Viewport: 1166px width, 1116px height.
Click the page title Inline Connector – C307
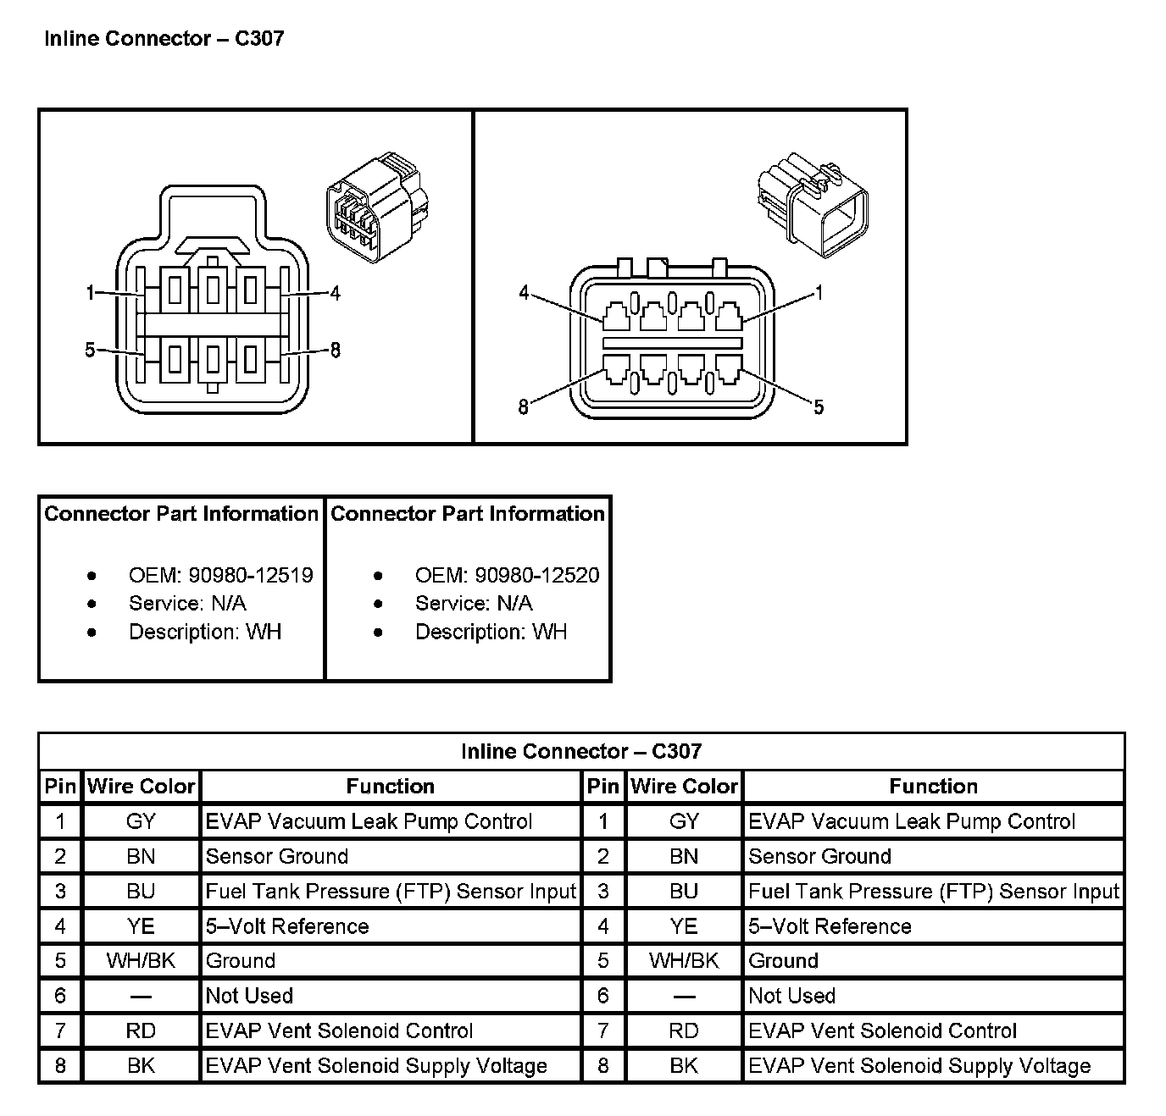coord(164,39)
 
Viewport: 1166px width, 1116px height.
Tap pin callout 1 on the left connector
coord(90,293)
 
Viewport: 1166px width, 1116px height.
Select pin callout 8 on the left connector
coord(336,350)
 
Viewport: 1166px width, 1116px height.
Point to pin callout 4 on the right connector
coord(524,293)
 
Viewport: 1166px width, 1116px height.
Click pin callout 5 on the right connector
coord(819,407)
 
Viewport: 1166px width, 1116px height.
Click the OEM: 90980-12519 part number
coord(220,575)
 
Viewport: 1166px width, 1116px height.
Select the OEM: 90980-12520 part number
coord(507,575)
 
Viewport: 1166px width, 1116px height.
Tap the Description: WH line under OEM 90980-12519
coord(205,632)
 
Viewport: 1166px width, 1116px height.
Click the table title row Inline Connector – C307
coord(581,751)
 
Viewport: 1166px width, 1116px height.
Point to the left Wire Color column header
coord(141,786)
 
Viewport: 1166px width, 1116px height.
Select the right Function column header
coord(933,786)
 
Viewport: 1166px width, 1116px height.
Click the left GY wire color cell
coord(141,821)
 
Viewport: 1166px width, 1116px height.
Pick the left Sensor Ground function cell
coord(277,856)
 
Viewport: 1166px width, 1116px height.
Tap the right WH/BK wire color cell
coord(684,960)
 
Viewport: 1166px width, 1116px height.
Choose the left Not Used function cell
coord(249,996)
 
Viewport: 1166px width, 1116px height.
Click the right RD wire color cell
coord(684,1030)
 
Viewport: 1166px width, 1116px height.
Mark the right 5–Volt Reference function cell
coord(830,925)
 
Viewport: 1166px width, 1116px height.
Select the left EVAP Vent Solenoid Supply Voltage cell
coord(376,1065)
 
